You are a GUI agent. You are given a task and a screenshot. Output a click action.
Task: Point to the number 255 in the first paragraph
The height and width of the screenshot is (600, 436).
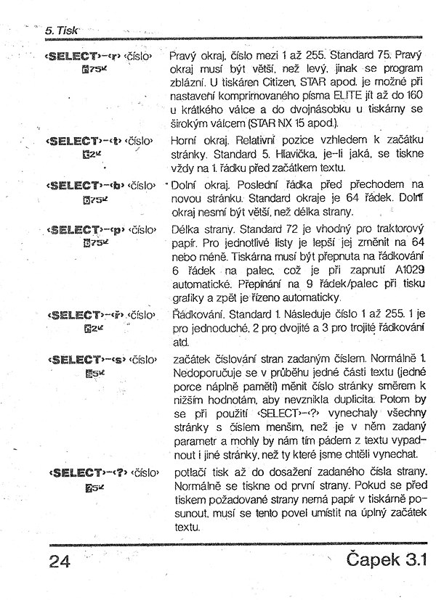coord(307,56)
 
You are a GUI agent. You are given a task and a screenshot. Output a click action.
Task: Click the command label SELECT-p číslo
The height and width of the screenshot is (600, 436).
coord(102,231)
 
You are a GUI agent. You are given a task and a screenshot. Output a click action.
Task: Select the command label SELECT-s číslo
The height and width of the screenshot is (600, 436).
coord(102,359)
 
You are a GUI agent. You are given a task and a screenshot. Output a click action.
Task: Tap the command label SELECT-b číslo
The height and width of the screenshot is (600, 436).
coord(102,186)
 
